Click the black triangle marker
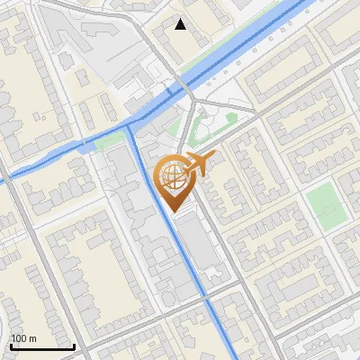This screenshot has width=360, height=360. click(x=181, y=24)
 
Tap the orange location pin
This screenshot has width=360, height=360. click(x=173, y=180)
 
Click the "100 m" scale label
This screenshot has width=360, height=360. click(x=23, y=338)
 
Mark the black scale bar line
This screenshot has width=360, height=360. click(x=42, y=346)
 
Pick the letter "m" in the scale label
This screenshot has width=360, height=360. click(x=31, y=338)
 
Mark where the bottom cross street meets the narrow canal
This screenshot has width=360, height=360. click(x=208, y=297)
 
